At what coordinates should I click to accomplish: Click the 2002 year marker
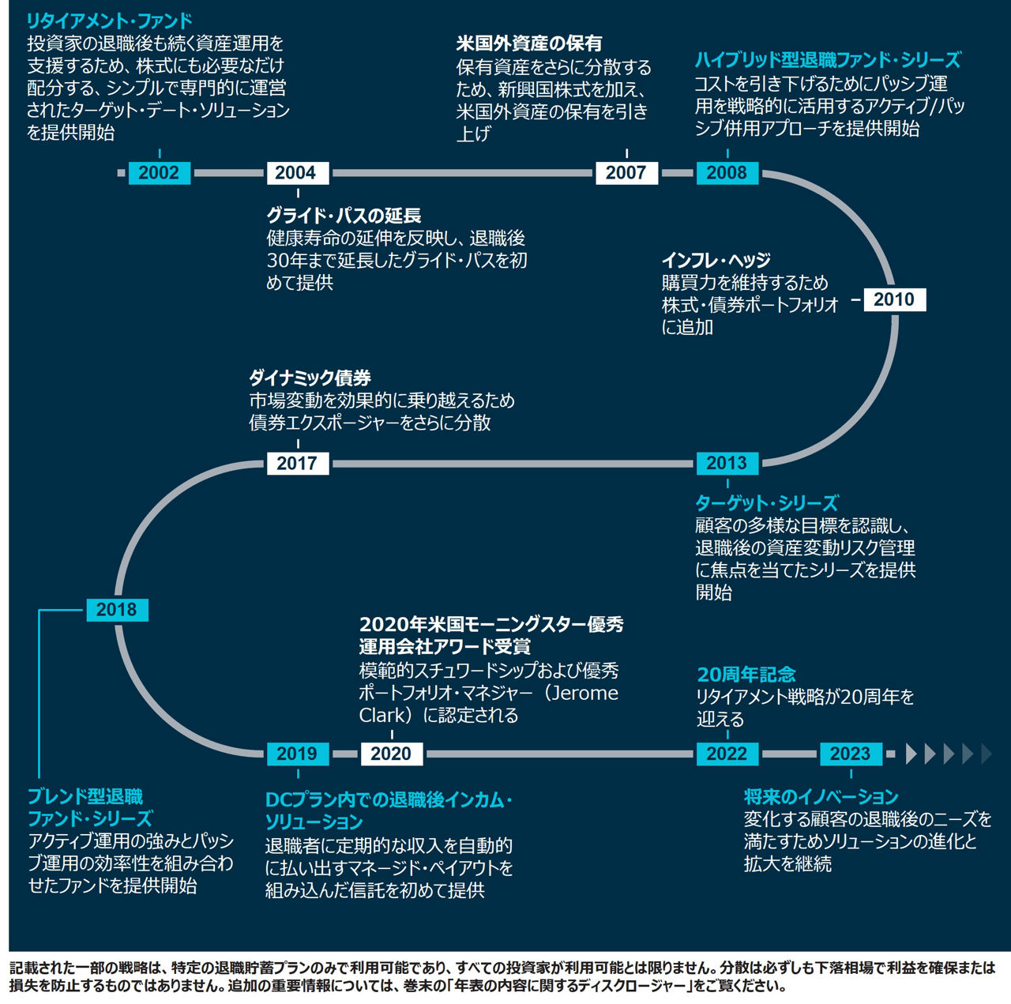coord(159,173)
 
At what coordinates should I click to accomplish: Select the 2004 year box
coord(296,173)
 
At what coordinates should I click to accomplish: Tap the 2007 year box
coord(626,173)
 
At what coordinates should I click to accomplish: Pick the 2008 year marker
coord(727,173)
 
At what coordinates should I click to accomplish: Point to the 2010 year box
coord(893,300)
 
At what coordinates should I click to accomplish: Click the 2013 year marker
coord(727,464)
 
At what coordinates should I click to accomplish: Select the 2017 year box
coord(297,464)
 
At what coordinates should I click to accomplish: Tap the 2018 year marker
coord(116,610)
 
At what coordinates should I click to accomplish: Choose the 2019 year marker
coord(297,754)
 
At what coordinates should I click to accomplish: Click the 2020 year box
coord(391,754)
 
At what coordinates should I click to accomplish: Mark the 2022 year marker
coord(727,754)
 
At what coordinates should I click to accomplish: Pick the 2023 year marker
coord(850,754)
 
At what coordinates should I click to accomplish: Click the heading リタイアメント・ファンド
coord(110,21)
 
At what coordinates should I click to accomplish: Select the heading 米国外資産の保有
coord(529,44)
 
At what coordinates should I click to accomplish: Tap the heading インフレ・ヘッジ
coord(716,261)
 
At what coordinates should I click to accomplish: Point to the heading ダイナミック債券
coord(310,378)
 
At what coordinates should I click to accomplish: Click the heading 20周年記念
coord(746,675)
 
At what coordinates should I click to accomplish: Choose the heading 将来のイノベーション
coord(821,797)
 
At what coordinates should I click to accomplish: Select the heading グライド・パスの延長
coord(344,216)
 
